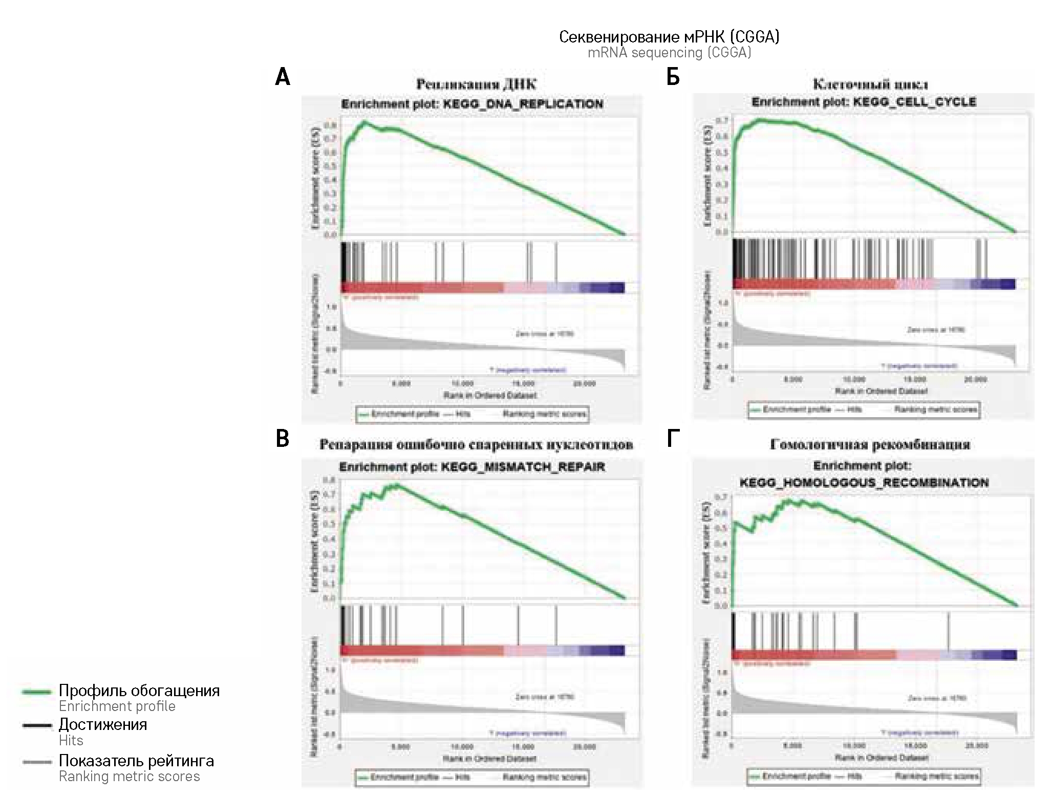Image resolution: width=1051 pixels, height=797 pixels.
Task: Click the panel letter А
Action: [x=283, y=78]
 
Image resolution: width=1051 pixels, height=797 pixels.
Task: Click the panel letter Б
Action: [x=673, y=78]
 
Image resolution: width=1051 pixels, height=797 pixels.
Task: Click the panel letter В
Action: [x=283, y=439]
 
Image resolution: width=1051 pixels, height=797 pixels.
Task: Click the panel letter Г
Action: [x=673, y=439]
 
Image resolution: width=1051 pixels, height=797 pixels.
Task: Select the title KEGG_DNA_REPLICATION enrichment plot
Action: [x=471, y=104]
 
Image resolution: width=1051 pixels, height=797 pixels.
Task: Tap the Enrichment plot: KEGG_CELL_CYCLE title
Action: [x=864, y=102]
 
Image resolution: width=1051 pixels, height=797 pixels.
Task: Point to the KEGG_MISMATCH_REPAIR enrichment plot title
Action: [x=471, y=467]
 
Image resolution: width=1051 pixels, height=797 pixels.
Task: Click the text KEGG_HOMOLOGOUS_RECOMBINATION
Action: [x=864, y=482]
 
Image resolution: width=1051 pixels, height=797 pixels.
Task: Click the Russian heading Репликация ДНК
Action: [x=476, y=84]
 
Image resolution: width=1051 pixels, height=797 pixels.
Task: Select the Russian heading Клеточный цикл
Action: [x=870, y=84]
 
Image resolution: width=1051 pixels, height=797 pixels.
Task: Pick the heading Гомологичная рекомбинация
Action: [x=870, y=445]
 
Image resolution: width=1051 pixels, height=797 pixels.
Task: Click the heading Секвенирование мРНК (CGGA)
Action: [x=669, y=37]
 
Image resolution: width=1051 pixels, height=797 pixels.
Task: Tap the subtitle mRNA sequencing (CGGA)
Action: [x=669, y=53]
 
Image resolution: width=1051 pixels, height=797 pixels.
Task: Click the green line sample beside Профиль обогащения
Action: [x=37, y=692]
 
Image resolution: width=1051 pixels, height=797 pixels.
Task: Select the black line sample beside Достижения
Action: [x=37, y=725]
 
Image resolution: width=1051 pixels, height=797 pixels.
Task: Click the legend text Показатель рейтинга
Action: [x=136, y=761]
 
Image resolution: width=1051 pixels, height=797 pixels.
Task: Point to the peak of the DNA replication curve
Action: [x=364, y=122]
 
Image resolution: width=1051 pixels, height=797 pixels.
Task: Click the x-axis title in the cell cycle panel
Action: [x=881, y=391]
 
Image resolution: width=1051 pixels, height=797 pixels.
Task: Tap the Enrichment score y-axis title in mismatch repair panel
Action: [x=315, y=543]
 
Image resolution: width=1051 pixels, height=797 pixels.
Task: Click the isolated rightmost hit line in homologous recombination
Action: [x=948, y=631]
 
